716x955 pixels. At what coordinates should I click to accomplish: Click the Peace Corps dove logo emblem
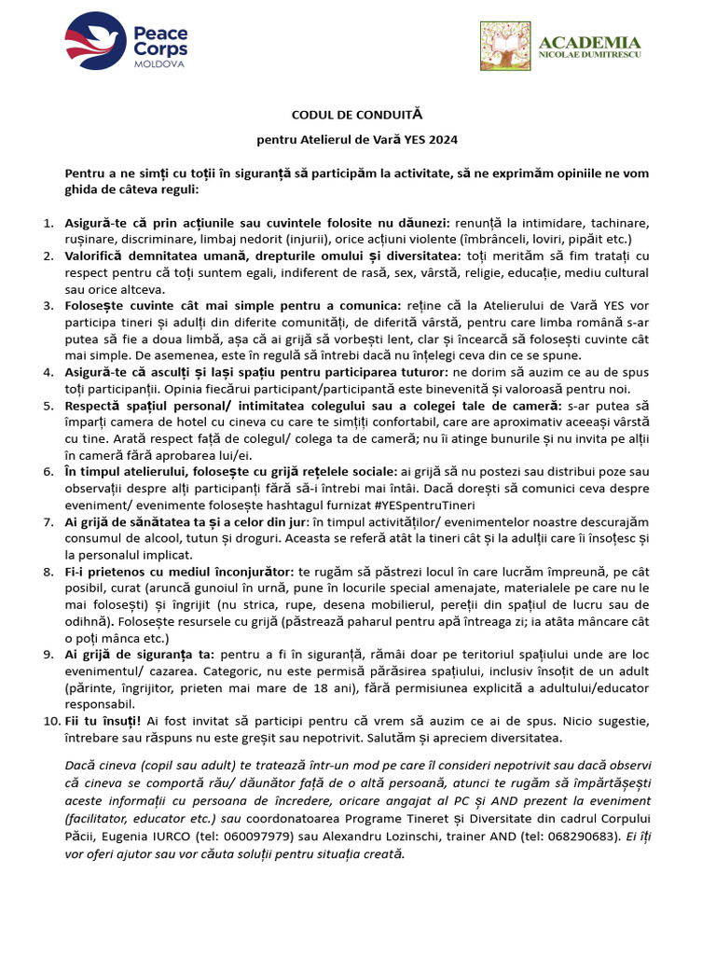[x=96, y=42]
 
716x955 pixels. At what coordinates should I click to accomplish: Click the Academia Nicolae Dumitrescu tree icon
[x=505, y=47]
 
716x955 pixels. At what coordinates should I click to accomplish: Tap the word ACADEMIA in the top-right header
[x=590, y=43]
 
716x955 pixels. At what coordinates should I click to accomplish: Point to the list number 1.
[x=49, y=224]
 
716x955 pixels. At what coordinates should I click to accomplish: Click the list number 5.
[x=49, y=406]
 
